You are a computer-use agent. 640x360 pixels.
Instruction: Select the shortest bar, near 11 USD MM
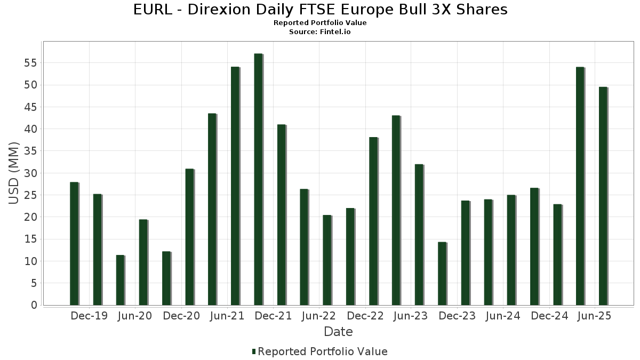[120, 280]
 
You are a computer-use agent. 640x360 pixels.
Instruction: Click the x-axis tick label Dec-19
[89, 316]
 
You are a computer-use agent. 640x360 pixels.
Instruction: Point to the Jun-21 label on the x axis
[227, 316]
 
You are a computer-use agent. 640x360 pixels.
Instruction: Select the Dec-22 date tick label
[365, 316]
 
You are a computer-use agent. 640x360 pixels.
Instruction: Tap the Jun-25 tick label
[595, 316]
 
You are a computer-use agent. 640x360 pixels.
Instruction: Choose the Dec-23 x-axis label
[457, 316]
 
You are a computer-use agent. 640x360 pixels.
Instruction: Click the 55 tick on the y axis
[30, 63]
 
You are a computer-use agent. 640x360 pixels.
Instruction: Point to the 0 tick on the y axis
[34, 305]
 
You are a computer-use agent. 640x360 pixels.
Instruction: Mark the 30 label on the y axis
[30, 173]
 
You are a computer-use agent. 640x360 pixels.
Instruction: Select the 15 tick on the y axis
[30, 239]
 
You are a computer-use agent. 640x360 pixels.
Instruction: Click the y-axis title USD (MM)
[14, 173]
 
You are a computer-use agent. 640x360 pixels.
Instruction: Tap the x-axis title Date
[338, 332]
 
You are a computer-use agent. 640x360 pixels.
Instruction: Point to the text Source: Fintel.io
[319, 32]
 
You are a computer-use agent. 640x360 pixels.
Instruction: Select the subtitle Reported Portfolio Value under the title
[319, 23]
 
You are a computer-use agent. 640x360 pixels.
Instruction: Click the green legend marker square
[254, 351]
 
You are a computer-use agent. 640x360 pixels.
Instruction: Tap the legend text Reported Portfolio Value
[323, 351]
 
